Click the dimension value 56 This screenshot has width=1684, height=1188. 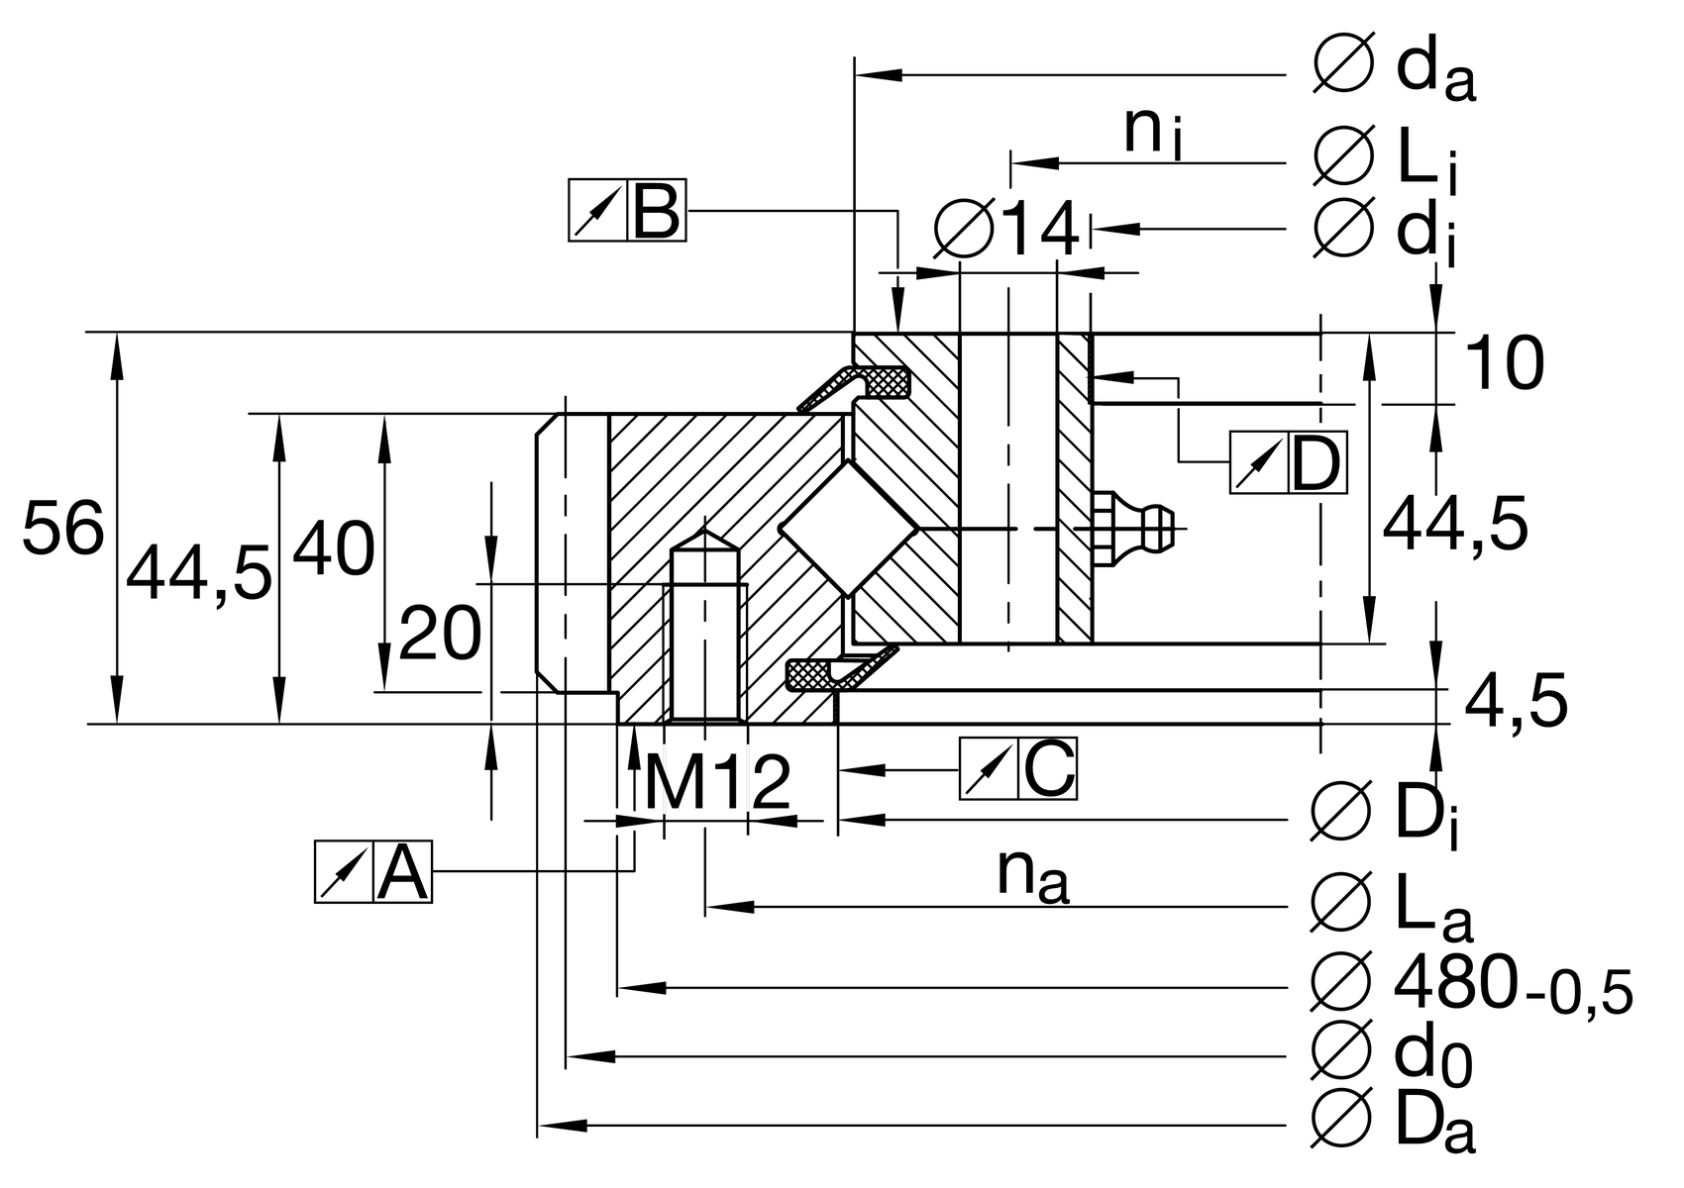click(x=62, y=528)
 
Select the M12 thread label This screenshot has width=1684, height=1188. click(x=717, y=783)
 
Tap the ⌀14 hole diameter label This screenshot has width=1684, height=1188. click(x=1007, y=230)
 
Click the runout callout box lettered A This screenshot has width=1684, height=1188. click(x=373, y=872)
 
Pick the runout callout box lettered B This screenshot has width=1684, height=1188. click(x=627, y=211)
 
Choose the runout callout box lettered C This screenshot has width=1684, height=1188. click(x=1018, y=768)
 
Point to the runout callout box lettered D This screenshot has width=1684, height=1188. click(x=1288, y=462)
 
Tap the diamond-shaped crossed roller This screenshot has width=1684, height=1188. click(x=849, y=529)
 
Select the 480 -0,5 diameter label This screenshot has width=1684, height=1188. click(x=1470, y=986)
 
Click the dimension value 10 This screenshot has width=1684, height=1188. click(x=1503, y=363)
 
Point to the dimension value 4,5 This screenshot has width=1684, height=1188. click(x=1515, y=702)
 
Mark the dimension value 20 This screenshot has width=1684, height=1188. click(x=440, y=634)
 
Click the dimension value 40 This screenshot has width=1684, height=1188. click(x=334, y=549)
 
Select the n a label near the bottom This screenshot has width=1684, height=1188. click(x=1032, y=875)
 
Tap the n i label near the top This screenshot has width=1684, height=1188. click(x=1152, y=133)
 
